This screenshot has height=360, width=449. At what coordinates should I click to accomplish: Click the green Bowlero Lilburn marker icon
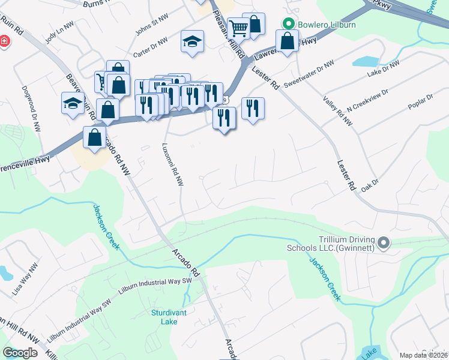(288, 24)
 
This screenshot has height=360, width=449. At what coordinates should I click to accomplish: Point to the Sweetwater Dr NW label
(309, 74)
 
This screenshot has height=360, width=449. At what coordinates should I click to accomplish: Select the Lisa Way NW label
(25, 274)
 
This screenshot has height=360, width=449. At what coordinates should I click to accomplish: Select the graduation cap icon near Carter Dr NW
(192, 41)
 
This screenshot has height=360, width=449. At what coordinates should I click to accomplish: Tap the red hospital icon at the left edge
(4, 41)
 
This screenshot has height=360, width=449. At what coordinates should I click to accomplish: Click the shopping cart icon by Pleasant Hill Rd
(238, 27)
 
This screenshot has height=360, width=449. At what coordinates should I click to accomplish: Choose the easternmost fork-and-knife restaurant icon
(253, 108)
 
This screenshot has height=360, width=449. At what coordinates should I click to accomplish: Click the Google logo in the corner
(20, 353)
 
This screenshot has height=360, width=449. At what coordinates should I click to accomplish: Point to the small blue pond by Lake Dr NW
(364, 61)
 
